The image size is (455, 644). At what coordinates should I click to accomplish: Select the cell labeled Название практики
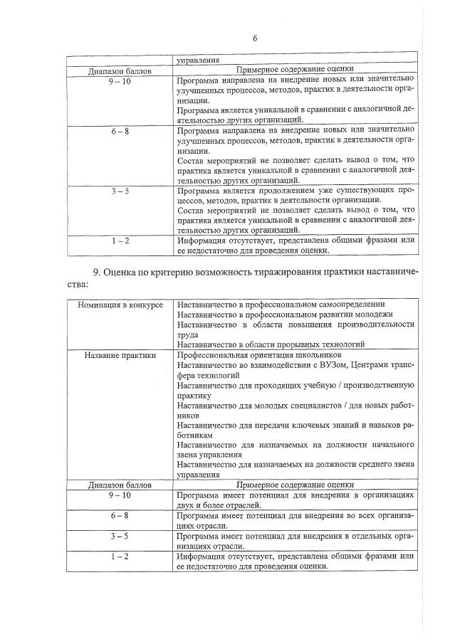tap(120, 354)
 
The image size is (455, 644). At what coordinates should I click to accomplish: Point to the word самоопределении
tap(349, 305)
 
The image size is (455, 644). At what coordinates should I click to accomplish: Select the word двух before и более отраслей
tap(187, 503)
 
